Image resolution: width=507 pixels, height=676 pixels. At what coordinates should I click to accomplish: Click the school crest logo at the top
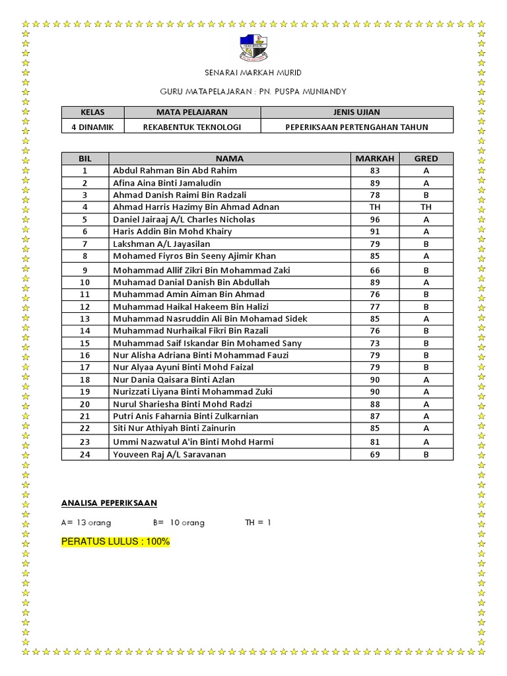coord(254,47)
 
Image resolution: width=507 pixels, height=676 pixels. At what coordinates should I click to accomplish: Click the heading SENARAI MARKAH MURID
coord(253,73)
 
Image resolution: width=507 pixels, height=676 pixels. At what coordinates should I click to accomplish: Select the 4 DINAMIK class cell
coord(92,127)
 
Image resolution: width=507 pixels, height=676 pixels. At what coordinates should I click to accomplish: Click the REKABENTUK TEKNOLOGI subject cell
coord(192,127)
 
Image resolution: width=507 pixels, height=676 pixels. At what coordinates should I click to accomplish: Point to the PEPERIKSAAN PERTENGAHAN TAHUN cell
coord(356,127)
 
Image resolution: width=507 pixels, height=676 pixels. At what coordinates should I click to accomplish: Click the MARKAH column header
coord(374,158)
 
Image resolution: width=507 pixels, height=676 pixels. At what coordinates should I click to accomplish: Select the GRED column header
coord(426,158)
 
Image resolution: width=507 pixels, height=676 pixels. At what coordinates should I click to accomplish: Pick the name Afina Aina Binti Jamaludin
coord(167,183)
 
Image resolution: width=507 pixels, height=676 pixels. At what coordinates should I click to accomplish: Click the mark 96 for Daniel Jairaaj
coord(374,219)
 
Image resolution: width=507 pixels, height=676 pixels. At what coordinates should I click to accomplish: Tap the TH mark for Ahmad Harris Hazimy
coord(374,207)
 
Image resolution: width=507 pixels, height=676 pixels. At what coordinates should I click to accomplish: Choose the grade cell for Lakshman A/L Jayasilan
coord(426,244)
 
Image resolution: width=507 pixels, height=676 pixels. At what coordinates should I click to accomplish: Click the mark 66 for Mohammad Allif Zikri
coord(374,270)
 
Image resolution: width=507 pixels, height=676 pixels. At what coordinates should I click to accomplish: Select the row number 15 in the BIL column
coord(85,343)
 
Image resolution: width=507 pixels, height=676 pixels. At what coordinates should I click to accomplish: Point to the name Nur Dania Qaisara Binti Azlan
coord(174,380)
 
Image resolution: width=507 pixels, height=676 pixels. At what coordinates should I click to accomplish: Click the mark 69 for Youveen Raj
coord(374,454)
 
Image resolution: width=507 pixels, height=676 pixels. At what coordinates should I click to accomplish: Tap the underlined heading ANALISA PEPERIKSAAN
coord(109,503)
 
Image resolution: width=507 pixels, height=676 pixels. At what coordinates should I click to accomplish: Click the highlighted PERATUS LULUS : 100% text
coord(116,541)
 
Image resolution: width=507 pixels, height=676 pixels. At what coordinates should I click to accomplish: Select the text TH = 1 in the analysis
coord(258,522)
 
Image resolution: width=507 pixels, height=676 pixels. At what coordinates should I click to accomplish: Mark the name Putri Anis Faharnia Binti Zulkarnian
coord(186,416)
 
